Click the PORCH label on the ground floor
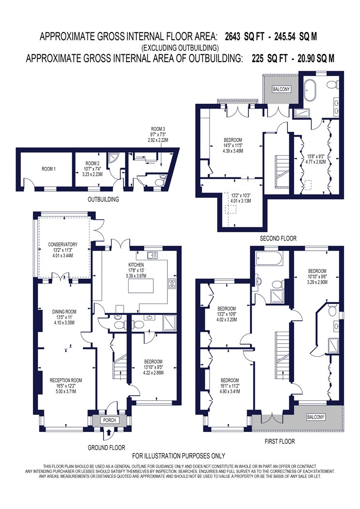(x=110, y=420)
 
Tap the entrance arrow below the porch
(x=109, y=432)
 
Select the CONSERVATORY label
(x=63, y=244)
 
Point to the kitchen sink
(x=152, y=255)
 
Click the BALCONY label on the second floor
(x=281, y=89)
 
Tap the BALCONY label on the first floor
(x=315, y=417)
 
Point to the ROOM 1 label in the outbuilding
(x=49, y=169)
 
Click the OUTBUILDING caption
(x=103, y=199)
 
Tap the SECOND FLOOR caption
(x=278, y=239)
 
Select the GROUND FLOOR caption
(x=106, y=447)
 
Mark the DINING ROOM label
(x=65, y=312)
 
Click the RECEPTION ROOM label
(x=65, y=380)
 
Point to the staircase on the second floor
(x=282, y=172)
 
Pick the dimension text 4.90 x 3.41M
(x=229, y=392)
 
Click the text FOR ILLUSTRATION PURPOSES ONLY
(x=179, y=456)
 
